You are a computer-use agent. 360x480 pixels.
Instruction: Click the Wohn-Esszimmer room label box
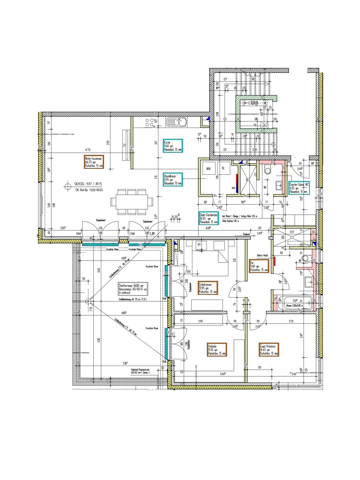(94, 161)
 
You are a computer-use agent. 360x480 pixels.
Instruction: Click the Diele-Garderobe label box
(208, 219)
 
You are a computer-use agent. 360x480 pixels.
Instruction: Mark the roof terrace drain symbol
(92, 298)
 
